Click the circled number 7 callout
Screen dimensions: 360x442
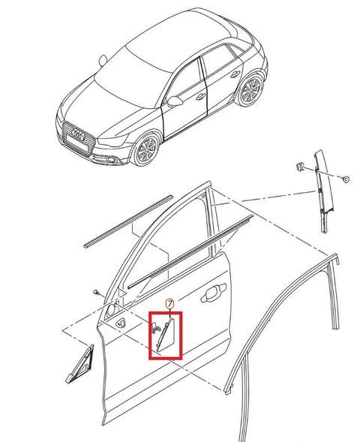click(169, 304)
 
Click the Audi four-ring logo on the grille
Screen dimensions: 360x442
click(78, 134)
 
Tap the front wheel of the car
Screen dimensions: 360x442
click(146, 150)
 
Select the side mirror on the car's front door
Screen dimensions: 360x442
click(174, 101)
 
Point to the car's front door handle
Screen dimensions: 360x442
click(200, 97)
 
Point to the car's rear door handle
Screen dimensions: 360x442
click(235, 74)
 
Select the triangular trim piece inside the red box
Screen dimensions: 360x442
click(166, 335)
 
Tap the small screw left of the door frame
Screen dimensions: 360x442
click(97, 293)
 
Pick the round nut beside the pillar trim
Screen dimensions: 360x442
click(346, 179)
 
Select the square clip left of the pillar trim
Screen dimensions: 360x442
click(300, 167)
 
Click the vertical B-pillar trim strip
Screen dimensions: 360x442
click(322, 191)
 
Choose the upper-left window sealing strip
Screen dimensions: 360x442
click(128, 221)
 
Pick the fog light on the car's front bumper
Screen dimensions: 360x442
click(111, 160)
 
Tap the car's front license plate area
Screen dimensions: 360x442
click(76, 145)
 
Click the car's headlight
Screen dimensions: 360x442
click(112, 141)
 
